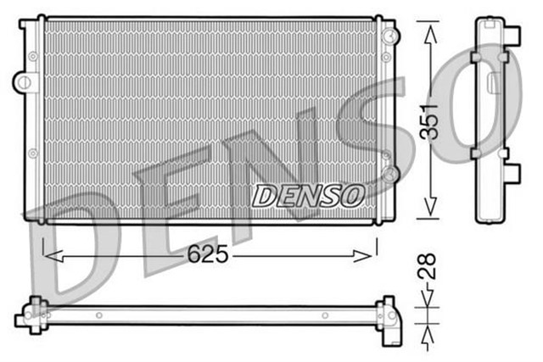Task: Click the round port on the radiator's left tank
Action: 24,82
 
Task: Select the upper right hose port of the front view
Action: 389,36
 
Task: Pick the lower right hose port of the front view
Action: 389,175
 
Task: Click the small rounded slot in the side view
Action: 493,81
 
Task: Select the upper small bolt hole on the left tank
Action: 33,57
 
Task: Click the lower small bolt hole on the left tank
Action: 33,153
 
